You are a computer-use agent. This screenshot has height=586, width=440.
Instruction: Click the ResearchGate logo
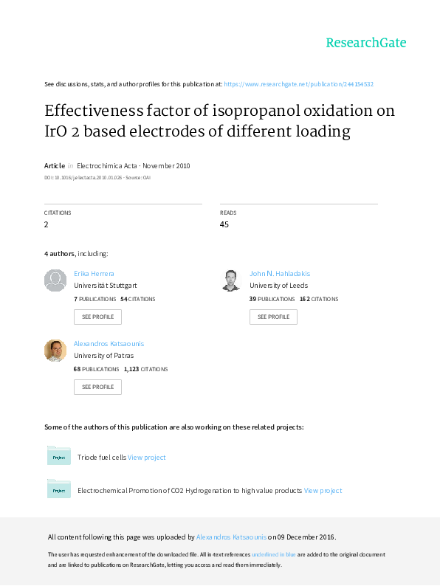(366, 43)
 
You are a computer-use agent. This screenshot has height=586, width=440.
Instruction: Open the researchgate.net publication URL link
(299, 84)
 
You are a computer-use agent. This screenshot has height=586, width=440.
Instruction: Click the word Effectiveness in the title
(94, 111)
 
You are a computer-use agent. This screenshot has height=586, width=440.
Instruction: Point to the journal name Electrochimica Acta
(107, 165)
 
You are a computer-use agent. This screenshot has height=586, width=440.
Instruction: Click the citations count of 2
(46, 224)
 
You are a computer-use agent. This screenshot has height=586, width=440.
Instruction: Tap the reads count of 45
(224, 224)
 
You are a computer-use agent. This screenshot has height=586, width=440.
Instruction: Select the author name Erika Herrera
(94, 274)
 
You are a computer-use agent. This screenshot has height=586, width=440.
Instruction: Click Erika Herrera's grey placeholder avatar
(55, 280)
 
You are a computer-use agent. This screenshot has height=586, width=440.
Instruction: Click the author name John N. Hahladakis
(280, 274)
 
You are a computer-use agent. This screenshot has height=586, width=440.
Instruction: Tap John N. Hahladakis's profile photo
(231, 280)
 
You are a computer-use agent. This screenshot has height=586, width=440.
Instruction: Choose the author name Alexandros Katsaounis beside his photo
(109, 343)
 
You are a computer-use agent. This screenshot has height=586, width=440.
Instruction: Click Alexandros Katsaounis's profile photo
(55, 350)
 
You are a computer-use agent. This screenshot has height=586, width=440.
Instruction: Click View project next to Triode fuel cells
(146, 458)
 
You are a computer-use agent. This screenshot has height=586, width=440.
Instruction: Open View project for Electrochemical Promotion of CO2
(323, 491)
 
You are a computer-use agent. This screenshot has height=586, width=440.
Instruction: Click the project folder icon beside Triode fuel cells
(59, 455)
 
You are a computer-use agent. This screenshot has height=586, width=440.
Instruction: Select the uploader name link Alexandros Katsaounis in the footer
(231, 537)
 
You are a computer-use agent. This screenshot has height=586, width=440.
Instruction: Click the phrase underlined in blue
(274, 554)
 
